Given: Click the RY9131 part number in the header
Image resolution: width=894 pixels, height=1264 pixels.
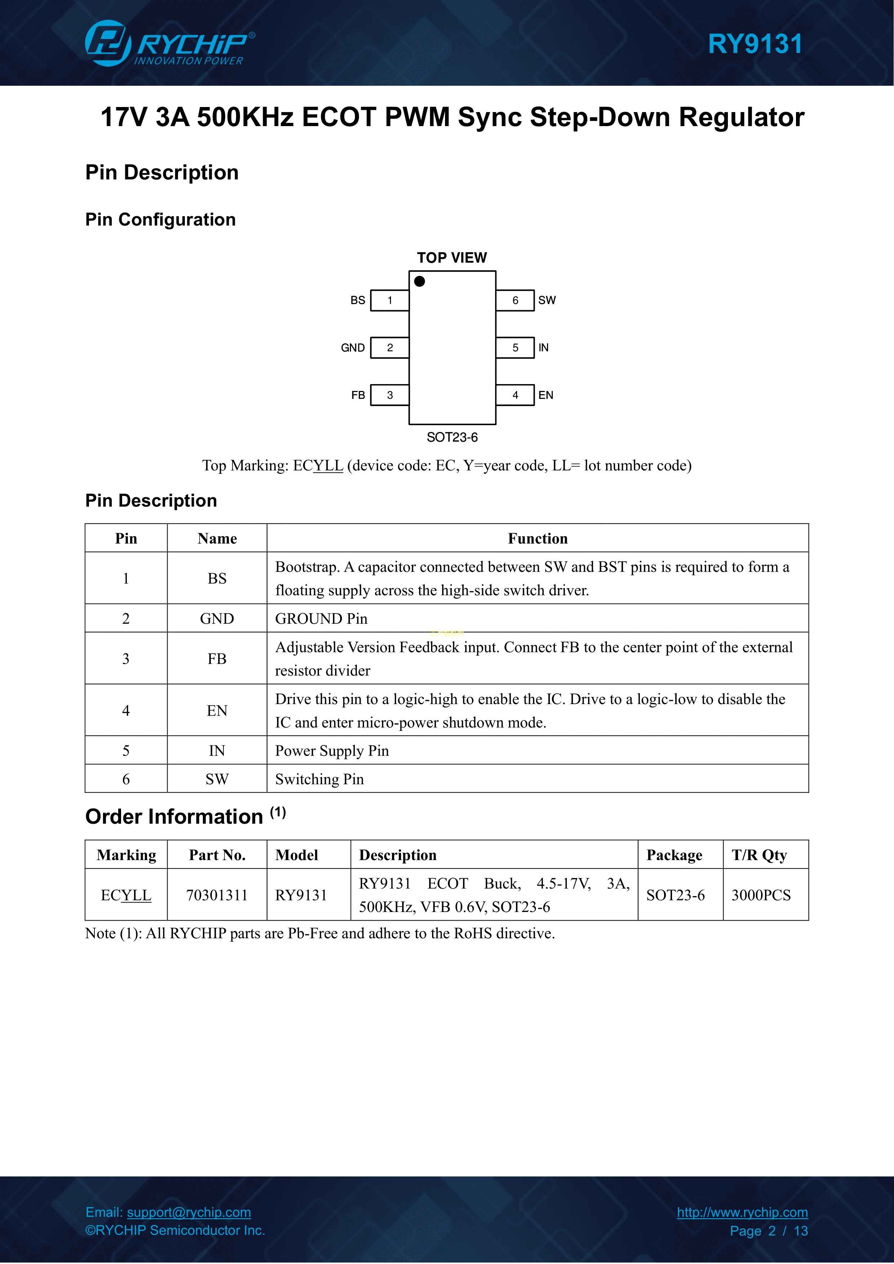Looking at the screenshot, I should point(755,44).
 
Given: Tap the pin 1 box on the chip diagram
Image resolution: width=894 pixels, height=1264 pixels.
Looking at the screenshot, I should point(390,301).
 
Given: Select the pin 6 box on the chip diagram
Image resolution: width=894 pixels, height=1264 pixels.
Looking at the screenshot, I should point(515,301).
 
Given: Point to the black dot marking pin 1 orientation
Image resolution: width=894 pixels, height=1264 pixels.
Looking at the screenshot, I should point(419,281).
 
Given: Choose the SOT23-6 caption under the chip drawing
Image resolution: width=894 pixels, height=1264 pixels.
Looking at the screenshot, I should point(452,437).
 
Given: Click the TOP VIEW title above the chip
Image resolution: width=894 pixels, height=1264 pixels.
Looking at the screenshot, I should point(452,258).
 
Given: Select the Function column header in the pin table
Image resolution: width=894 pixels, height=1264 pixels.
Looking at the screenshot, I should point(537,538).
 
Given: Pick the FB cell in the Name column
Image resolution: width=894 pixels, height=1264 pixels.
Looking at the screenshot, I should point(217,658).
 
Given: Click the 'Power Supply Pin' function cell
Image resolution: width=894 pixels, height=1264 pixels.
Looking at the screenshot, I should point(332,751).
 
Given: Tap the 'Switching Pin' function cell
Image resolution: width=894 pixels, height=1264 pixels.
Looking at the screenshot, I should point(319,779).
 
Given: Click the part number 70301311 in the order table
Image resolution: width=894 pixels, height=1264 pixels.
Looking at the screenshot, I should point(217,895).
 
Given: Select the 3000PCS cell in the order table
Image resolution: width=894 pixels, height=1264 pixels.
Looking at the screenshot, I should point(761,895).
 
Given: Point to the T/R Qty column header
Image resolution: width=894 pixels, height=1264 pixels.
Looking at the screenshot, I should point(759,855).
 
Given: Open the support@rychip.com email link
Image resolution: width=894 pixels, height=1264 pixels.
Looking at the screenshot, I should point(189,1212).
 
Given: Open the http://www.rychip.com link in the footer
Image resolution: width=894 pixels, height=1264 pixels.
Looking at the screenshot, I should point(742,1212).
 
